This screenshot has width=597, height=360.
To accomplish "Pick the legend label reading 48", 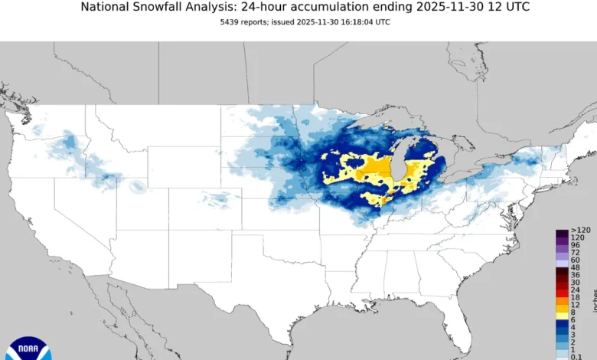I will coord(576,267).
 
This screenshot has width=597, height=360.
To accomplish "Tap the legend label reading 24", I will coord(576,290).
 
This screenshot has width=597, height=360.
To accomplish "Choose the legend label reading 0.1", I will coord(578,355).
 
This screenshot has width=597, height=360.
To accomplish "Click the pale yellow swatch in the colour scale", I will coord(562,315).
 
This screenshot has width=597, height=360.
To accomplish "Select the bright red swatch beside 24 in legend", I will coord(562,290).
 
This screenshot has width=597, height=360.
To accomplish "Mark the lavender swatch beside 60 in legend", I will coord(562,260).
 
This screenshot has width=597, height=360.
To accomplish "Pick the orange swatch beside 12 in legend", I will coord(562,304).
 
